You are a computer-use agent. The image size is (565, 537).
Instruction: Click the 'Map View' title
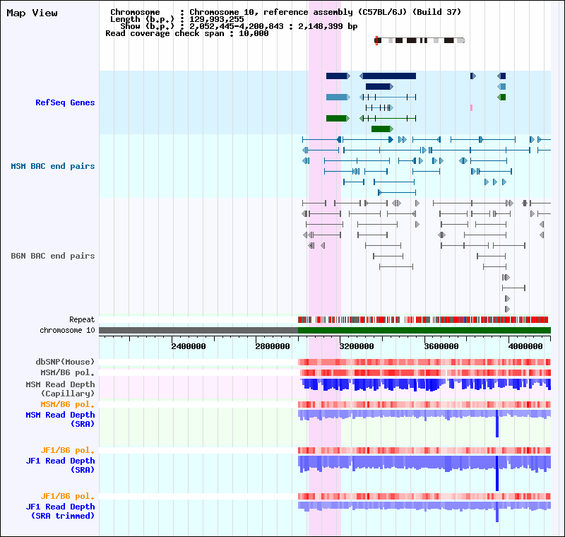32,13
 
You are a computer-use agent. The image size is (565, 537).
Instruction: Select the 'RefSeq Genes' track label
65,102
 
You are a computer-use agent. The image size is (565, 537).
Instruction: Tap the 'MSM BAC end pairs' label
52,166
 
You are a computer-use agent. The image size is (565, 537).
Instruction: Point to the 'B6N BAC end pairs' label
52,256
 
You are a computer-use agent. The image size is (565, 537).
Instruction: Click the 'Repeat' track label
82,319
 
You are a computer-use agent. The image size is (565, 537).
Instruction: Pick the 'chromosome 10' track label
67,330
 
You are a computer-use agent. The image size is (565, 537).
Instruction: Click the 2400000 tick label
189,346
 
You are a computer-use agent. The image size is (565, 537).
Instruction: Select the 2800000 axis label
273,346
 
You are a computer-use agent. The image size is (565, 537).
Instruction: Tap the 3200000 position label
357,346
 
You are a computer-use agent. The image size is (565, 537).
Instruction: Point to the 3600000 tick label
441,346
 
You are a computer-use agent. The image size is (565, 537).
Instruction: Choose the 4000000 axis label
525,346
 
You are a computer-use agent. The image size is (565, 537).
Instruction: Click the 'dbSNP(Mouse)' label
65,362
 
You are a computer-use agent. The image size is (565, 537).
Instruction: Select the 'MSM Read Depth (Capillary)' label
60,389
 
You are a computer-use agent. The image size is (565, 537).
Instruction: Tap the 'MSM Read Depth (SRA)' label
60,420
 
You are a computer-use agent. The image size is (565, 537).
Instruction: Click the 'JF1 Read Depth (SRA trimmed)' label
60,511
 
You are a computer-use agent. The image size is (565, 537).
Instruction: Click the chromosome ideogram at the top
420,41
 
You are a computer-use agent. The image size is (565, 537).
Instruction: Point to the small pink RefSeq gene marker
471,108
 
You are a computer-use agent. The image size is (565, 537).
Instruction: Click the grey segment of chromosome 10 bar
198,330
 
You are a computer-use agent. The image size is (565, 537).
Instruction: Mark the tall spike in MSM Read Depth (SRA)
497,423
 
